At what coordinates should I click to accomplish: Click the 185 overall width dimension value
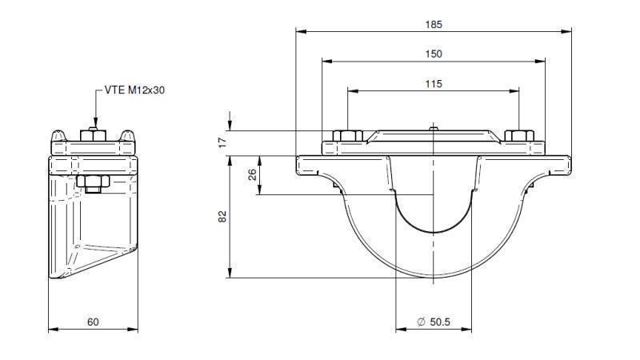[x=433, y=24]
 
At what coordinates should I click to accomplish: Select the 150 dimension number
[x=433, y=54]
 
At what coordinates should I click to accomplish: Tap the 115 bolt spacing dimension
[x=433, y=83]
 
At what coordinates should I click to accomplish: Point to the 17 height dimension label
[x=222, y=141]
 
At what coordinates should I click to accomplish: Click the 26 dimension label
[x=253, y=174]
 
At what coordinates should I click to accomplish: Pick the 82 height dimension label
[x=222, y=216]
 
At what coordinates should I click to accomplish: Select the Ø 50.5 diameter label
[x=434, y=322]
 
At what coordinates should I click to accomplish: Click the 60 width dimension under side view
[x=93, y=322]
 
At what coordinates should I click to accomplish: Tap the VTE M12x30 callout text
[x=135, y=90]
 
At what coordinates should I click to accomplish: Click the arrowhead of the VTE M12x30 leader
[x=94, y=122]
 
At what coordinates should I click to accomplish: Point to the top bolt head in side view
[x=94, y=134]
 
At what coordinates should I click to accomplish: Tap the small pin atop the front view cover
[x=433, y=127]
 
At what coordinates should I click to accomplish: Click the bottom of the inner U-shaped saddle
[x=433, y=232]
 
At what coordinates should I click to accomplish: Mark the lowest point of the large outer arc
[x=433, y=278]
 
